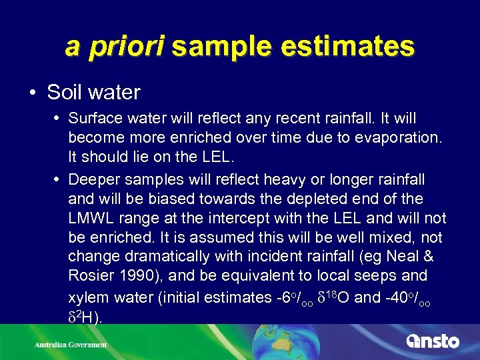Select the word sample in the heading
coord(218,46)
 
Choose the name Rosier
coord(90,276)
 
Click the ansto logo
coord(433,341)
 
